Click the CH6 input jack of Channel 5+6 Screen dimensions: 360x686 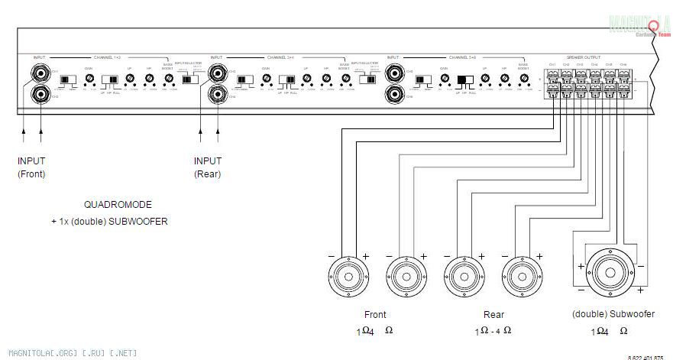tap(395, 95)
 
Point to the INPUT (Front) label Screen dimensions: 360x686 tap(31, 167)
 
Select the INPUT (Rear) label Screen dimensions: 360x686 tap(207, 167)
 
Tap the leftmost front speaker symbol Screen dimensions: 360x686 tap(348, 276)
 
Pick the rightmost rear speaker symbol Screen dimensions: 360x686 tap(523, 276)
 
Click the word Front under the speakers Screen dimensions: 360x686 tap(375, 314)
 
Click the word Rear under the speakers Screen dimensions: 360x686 tap(493, 314)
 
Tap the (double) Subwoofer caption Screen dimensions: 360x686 tap(613, 314)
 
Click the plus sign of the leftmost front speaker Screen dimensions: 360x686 tap(365, 255)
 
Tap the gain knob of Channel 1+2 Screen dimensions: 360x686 tap(89, 79)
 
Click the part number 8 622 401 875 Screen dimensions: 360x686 tap(646, 357)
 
